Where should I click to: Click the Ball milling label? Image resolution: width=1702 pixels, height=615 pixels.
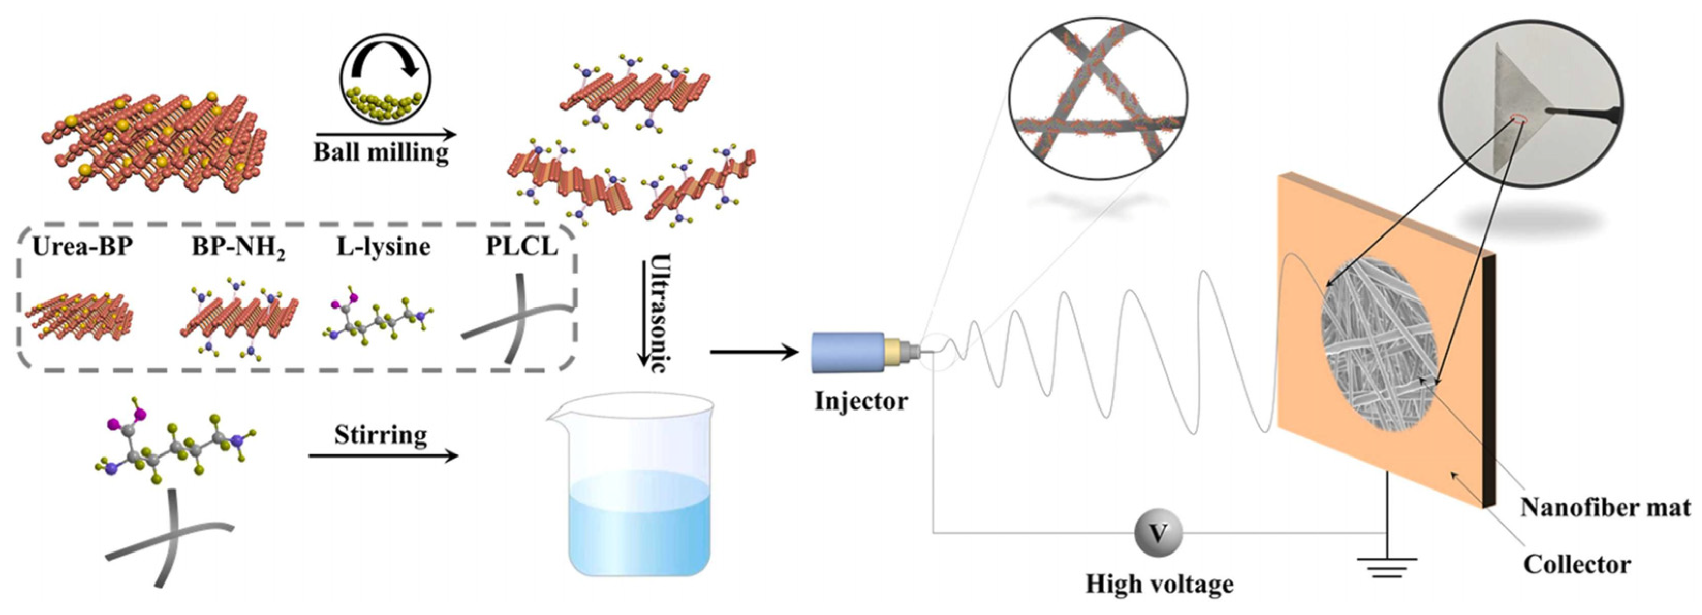[381, 153]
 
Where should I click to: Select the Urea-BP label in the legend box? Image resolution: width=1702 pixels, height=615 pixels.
[82, 246]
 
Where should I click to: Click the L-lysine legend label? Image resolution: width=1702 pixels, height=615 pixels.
[383, 246]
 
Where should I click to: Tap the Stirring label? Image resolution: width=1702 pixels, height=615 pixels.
[381, 435]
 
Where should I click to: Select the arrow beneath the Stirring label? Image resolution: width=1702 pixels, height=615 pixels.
[383, 456]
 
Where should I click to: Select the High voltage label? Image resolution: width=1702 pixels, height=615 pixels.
[1159, 584]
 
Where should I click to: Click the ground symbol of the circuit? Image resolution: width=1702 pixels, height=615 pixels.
[1387, 565]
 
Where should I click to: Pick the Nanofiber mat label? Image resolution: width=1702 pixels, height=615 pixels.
[1605, 507]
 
